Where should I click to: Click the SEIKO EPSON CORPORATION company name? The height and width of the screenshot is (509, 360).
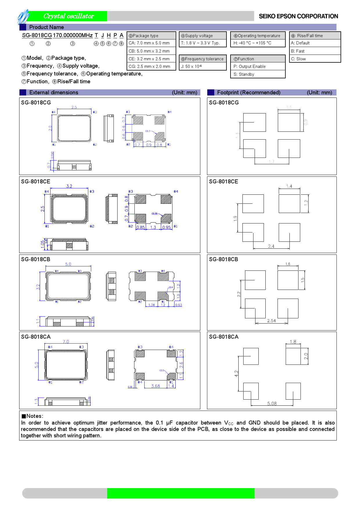[x=298, y=16]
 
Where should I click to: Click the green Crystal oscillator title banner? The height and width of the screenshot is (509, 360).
[x=69, y=16]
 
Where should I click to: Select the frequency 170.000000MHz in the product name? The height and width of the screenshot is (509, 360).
[x=73, y=35]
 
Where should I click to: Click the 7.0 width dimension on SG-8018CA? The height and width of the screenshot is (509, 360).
[x=66, y=342]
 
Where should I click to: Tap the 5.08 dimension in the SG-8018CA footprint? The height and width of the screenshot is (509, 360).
[x=272, y=403]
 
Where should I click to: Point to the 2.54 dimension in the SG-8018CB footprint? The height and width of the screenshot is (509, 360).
[x=271, y=321]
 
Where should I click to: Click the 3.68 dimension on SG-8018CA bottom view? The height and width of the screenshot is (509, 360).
[x=156, y=386]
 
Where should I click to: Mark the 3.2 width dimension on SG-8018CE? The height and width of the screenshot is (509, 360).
[x=69, y=186]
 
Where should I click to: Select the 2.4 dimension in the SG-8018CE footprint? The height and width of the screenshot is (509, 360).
[x=271, y=246]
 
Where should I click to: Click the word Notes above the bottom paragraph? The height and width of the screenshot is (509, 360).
[x=35, y=416]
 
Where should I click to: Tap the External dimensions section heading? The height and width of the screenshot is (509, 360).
[x=54, y=93]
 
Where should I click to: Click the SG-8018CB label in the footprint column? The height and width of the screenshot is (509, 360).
[x=224, y=259]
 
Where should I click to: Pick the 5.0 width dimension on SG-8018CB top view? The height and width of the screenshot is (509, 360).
[x=68, y=264]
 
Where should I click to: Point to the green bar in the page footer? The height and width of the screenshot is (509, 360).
[x=181, y=493]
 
